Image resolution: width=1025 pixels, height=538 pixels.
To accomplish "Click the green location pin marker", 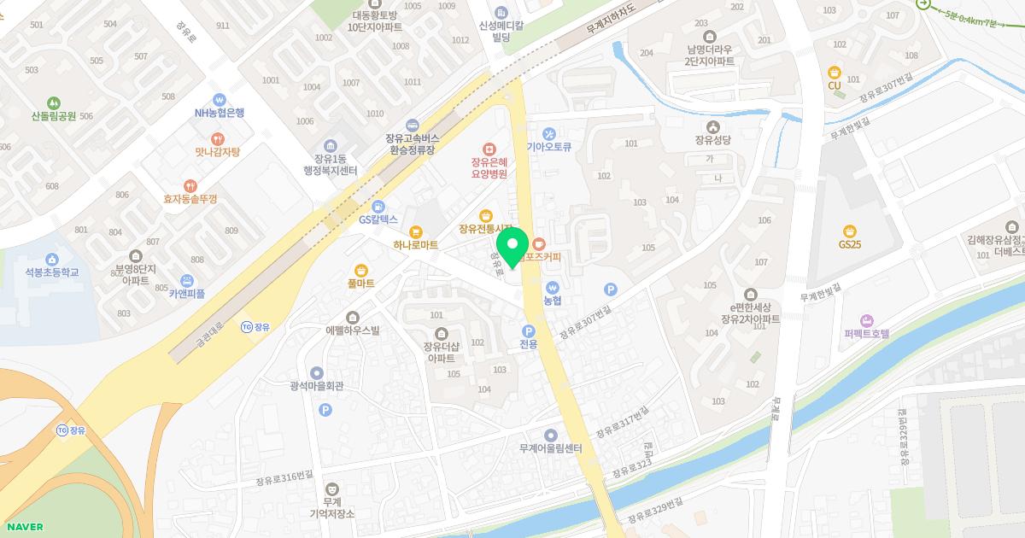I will (x=512, y=247).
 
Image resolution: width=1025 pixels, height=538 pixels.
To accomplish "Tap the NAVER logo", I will (x=23, y=527).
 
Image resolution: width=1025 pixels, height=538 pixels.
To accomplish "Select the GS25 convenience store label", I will (x=849, y=244).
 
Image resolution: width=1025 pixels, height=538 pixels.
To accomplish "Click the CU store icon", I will (x=835, y=72).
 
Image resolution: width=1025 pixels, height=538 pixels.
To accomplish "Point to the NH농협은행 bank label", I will (x=219, y=113).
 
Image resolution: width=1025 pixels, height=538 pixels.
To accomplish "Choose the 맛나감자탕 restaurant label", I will (x=217, y=152).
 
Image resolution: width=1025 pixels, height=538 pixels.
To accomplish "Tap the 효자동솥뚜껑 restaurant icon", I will (x=190, y=185).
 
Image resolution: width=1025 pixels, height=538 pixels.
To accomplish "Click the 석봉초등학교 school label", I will (x=51, y=272).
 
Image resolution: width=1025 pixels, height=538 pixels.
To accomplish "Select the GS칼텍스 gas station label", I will (x=378, y=219).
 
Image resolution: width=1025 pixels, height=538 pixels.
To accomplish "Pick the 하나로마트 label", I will (x=416, y=245).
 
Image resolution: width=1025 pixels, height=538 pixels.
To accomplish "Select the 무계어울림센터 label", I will (x=550, y=448).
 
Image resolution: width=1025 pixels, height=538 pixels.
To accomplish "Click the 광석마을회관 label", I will (x=316, y=386).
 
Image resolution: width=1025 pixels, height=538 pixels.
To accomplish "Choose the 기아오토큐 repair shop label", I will (x=548, y=146).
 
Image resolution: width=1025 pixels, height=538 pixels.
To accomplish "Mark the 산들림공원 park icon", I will (x=54, y=102).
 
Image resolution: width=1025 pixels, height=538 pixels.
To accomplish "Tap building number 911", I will (x=222, y=26).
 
